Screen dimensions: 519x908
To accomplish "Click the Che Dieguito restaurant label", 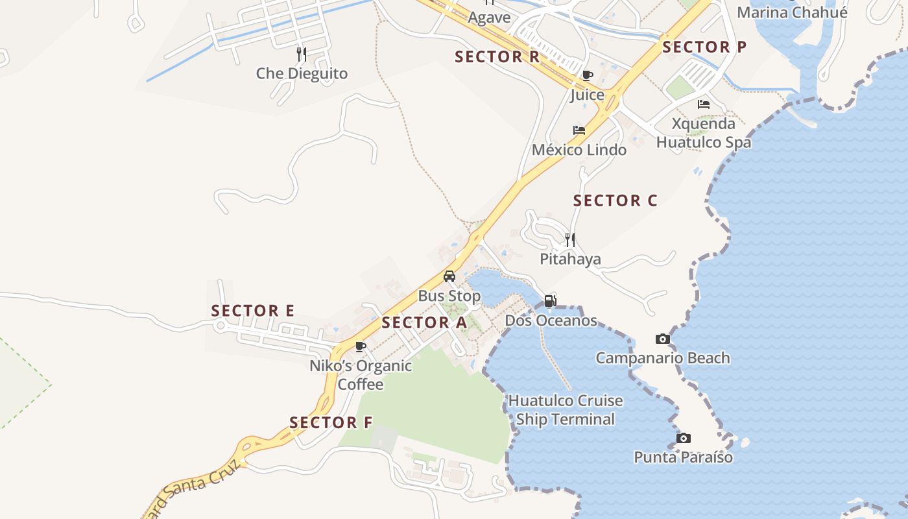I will click(x=302, y=73).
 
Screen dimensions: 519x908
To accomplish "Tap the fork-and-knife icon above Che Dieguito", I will click(x=302, y=53).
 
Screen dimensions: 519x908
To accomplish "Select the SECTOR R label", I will click(x=497, y=56).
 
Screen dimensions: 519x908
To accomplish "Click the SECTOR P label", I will click(x=704, y=47).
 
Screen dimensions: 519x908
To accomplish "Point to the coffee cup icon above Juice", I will click(x=588, y=76).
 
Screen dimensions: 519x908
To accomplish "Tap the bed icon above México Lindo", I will click(x=579, y=130).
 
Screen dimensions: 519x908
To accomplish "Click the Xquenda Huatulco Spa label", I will click(x=704, y=133).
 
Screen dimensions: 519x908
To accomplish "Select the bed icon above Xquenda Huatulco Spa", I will click(x=704, y=104).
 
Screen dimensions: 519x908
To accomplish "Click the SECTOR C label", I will click(x=615, y=200).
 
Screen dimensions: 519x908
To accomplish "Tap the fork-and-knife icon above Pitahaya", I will click(x=570, y=239).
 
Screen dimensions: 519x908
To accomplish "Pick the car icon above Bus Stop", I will click(x=449, y=276).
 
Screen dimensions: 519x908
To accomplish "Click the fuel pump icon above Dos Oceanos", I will click(x=550, y=300).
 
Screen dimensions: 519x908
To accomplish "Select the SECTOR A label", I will click(x=424, y=322).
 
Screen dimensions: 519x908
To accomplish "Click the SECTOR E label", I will click(x=253, y=311).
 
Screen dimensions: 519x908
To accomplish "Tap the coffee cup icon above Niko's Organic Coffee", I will click(x=361, y=347).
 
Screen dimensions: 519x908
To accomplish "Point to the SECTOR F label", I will click(x=331, y=423).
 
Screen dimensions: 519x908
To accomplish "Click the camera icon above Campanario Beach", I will click(x=662, y=339).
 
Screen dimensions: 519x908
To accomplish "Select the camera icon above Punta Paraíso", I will click(x=683, y=438).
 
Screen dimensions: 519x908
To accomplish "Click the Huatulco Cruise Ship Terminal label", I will click(x=565, y=410).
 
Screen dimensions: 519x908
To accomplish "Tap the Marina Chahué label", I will click(x=792, y=12).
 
